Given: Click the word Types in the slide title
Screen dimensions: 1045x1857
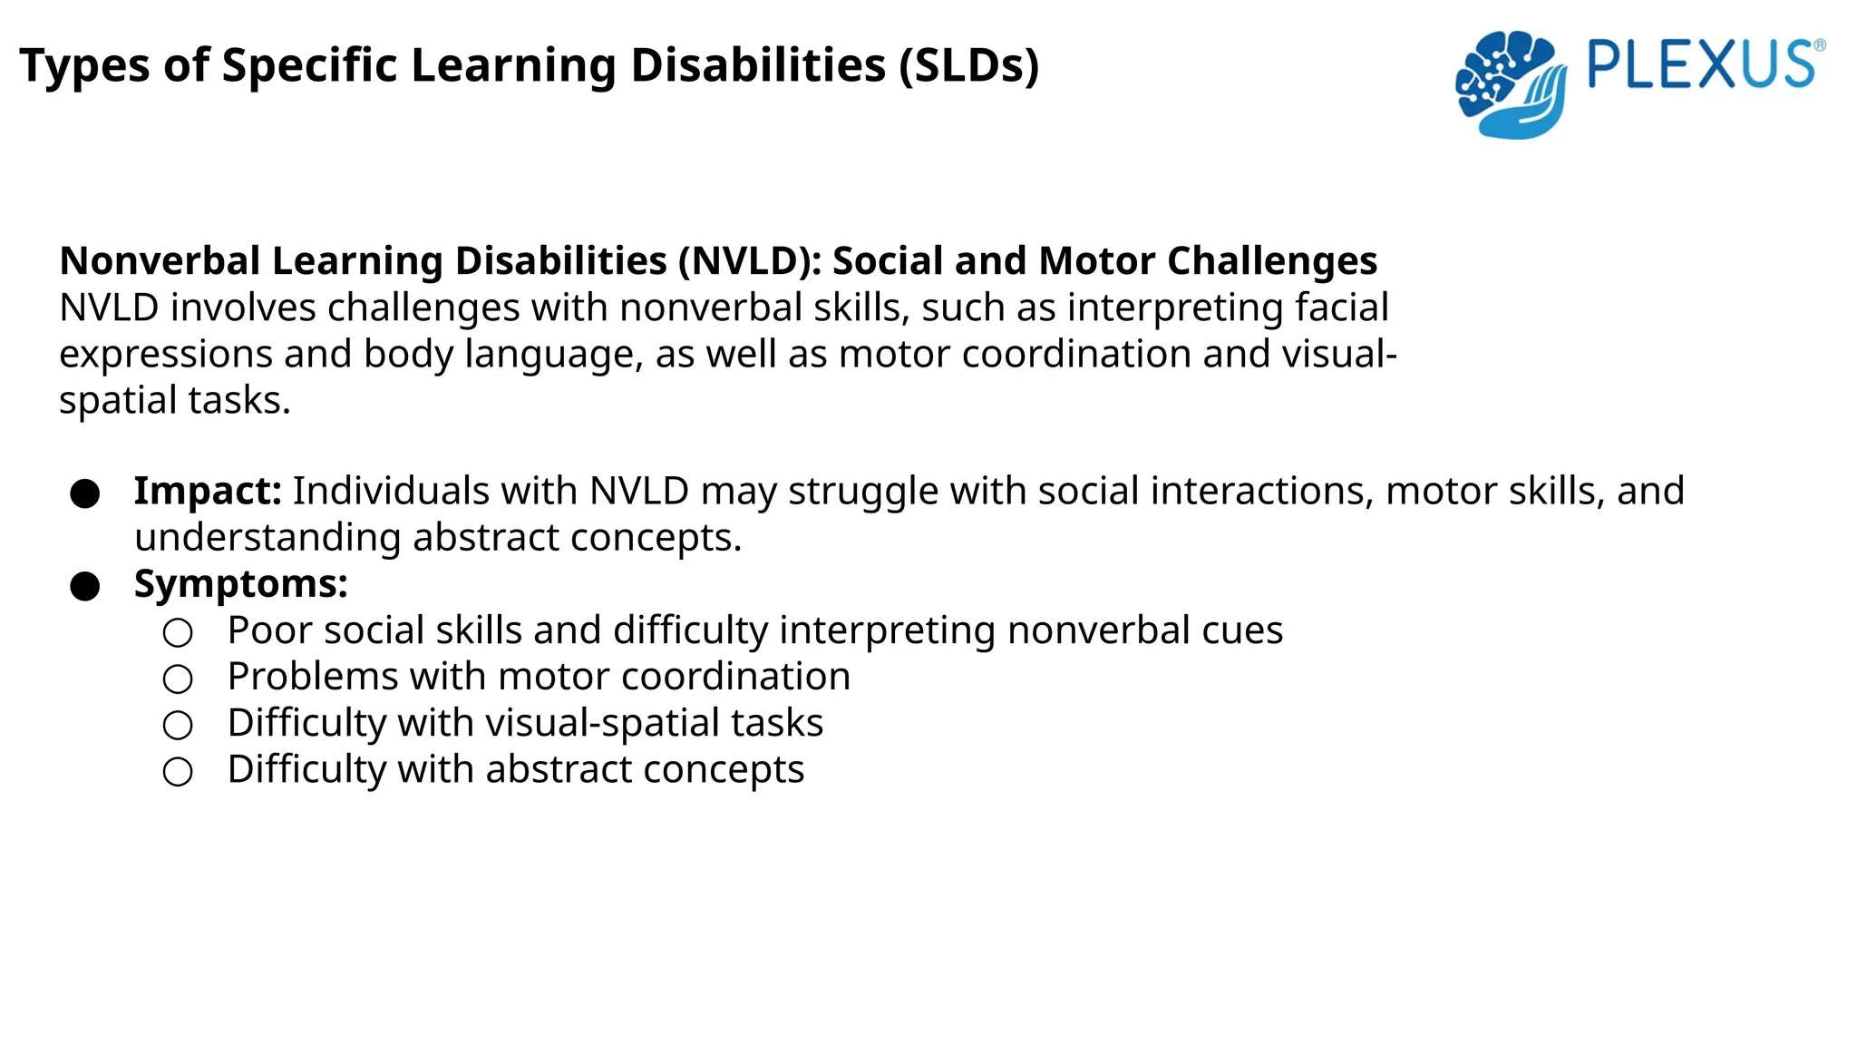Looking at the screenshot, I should [85, 66].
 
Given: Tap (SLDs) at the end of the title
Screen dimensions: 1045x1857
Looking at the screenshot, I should [968, 66].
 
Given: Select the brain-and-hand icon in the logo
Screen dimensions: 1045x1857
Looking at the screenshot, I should [1510, 84].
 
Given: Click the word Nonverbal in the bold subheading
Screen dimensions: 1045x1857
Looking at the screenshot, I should [160, 261].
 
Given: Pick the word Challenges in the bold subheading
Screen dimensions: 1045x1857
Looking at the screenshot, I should [1271, 261].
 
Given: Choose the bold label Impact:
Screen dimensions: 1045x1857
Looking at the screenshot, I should [208, 492].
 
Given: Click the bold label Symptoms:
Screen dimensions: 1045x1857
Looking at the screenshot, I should [240, 584].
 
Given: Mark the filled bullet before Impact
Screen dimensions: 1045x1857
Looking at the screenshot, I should [85, 494].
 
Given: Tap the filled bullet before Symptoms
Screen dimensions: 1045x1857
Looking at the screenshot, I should [85, 587].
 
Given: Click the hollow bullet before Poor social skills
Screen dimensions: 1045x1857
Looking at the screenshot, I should [178, 633].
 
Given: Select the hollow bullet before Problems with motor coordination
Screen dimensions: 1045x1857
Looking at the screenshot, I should [178, 679].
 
